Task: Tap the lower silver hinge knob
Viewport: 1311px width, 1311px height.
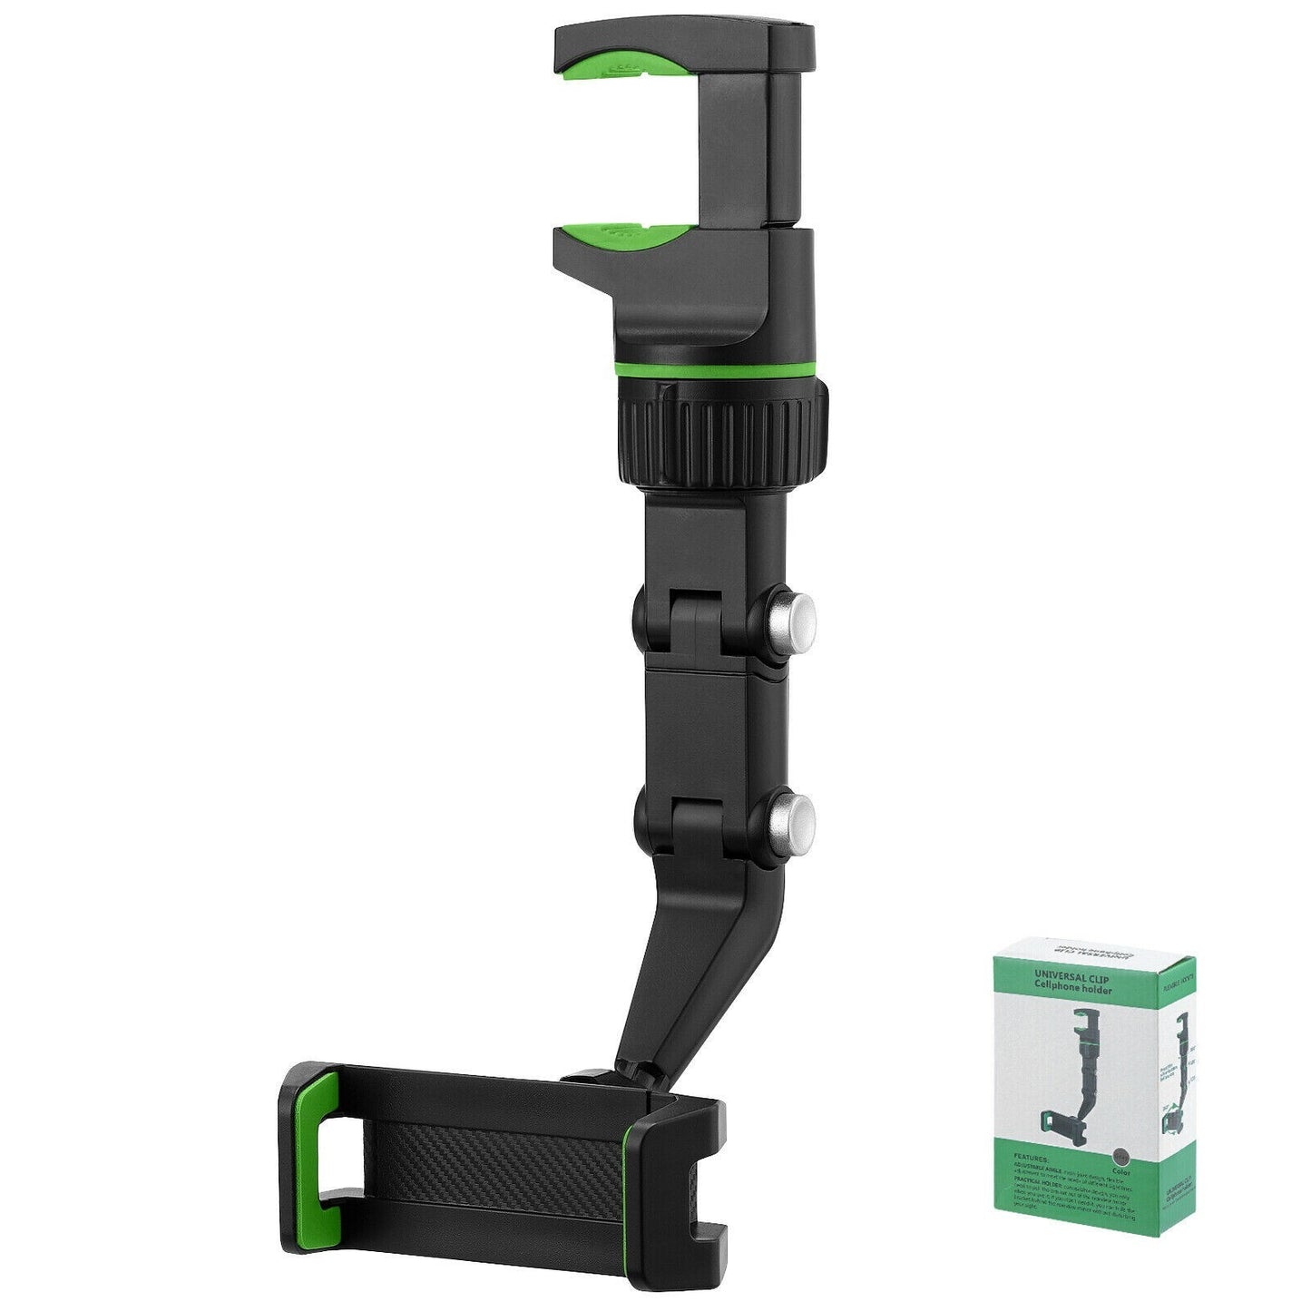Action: (x=792, y=821)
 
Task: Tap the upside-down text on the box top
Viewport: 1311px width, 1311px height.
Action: (x=1089, y=957)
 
